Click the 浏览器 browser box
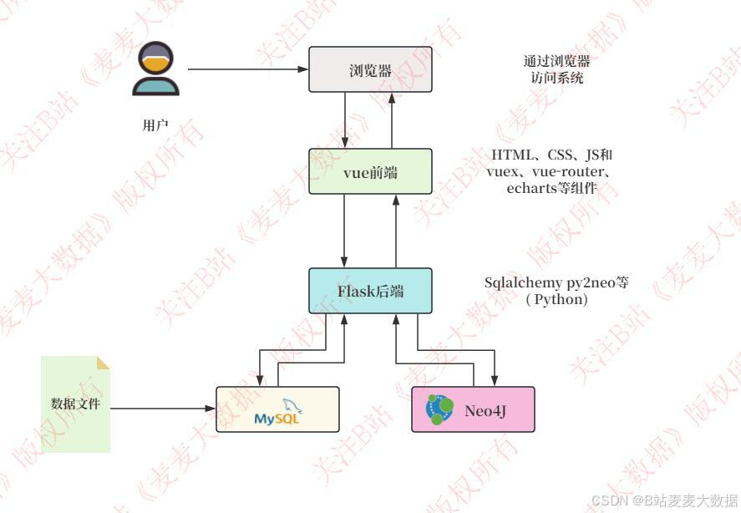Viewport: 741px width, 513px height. (x=371, y=69)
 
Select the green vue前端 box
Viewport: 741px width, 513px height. (x=371, y=171)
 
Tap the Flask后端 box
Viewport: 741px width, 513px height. (x=371, y=291)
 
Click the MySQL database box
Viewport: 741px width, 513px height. (x=277, y=409)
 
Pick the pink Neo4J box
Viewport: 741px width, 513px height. (x=473, y=409)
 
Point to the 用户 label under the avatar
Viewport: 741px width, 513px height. (x=155, y=125)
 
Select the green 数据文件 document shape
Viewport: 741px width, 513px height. (x=76, y=404)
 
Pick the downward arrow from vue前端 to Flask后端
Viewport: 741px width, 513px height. (x=346, y=231)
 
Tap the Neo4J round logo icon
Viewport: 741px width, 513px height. (x=437, y=409)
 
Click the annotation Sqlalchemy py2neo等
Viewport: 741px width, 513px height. (x=556, y=282)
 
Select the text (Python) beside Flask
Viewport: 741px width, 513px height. (x=556, y=299)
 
